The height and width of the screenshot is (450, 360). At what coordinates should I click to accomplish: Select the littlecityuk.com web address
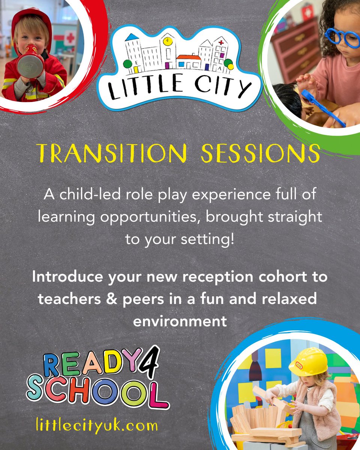pos(92,426)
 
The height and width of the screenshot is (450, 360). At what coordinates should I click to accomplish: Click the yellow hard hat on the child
pos(309,361)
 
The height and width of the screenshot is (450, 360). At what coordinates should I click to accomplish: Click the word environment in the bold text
pos(180,321)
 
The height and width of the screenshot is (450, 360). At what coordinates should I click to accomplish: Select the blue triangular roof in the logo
pos(132,37)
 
